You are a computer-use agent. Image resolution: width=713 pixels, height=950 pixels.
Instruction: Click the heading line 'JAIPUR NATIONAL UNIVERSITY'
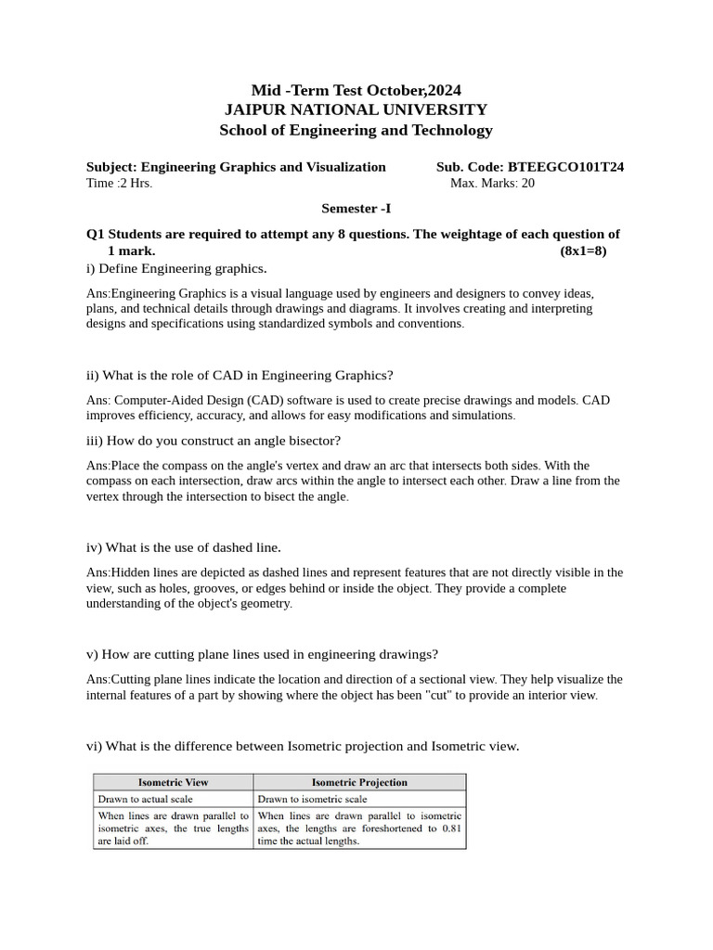click(x=356, y=109)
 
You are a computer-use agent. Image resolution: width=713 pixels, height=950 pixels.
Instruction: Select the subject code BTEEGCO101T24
click(x=565, y=167)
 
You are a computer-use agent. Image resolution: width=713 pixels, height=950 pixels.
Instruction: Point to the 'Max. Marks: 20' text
click(x=492, y=184)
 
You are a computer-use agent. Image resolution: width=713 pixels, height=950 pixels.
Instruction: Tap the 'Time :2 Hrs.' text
click(x=119, y=184)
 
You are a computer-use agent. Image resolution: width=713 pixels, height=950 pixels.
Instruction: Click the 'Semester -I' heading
click(x=356, y=210)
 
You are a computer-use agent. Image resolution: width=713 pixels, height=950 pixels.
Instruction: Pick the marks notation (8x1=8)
click(x=583, y=250)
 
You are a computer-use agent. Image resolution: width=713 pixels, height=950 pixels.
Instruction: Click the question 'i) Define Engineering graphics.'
click(x=176, y=269)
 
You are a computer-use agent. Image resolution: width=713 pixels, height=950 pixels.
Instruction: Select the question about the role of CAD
click(x=240, y=376)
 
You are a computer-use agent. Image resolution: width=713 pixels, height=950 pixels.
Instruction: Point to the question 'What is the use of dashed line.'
click(x=183, y=547)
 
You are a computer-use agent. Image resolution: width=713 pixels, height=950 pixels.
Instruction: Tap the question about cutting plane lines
click(x=262, y=654)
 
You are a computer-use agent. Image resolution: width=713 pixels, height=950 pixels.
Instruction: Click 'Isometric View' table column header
click(x=174, y=782)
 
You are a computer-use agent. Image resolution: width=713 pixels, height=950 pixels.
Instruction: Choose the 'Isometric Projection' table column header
click(x=359, y=782)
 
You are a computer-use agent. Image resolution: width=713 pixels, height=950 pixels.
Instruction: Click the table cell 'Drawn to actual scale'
click(x=145, y=799)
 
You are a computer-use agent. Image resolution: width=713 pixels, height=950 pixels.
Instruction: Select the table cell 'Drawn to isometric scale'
click(x=313, y=799)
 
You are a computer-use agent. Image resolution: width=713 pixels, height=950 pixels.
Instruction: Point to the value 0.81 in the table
click(x=451, y=828)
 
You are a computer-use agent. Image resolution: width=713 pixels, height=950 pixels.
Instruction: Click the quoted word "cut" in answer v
click(x=441, y=696)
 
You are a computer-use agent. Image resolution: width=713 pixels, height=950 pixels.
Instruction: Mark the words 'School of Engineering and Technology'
click(x=356, y=130)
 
